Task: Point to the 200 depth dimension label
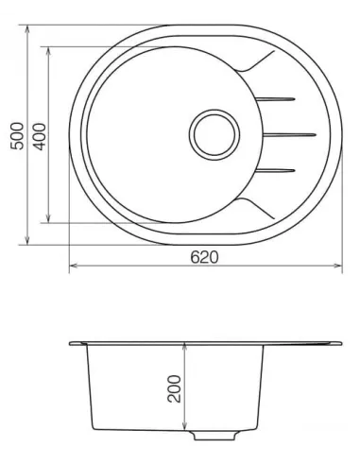174,388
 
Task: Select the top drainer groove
279,97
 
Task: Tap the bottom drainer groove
279,170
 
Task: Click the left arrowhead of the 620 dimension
73,267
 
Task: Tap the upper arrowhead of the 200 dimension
186,347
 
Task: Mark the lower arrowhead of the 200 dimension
186,431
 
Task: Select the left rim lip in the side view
74,342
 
